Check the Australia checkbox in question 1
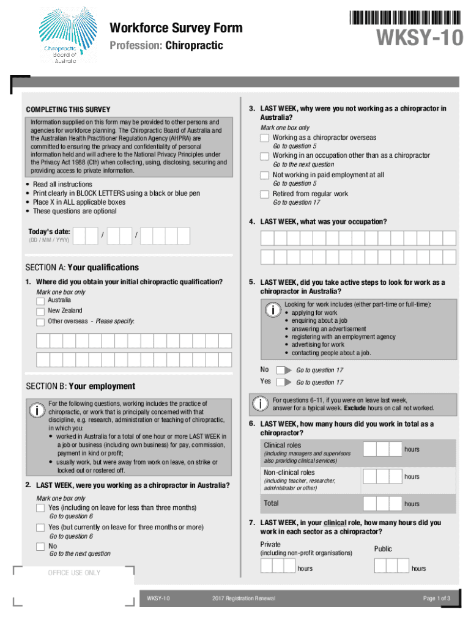[40, 301]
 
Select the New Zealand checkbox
[40, 311]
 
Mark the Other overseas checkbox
[40, 322]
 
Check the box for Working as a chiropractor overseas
[264, 138]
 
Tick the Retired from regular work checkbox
[264, 194]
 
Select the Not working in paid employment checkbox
[264, 175]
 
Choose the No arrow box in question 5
[284, 370]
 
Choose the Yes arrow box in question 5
[284, 382]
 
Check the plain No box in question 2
[40, 546]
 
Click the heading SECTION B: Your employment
[80, 386]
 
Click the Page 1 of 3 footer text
[436, 598]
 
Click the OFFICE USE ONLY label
[74, 573]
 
